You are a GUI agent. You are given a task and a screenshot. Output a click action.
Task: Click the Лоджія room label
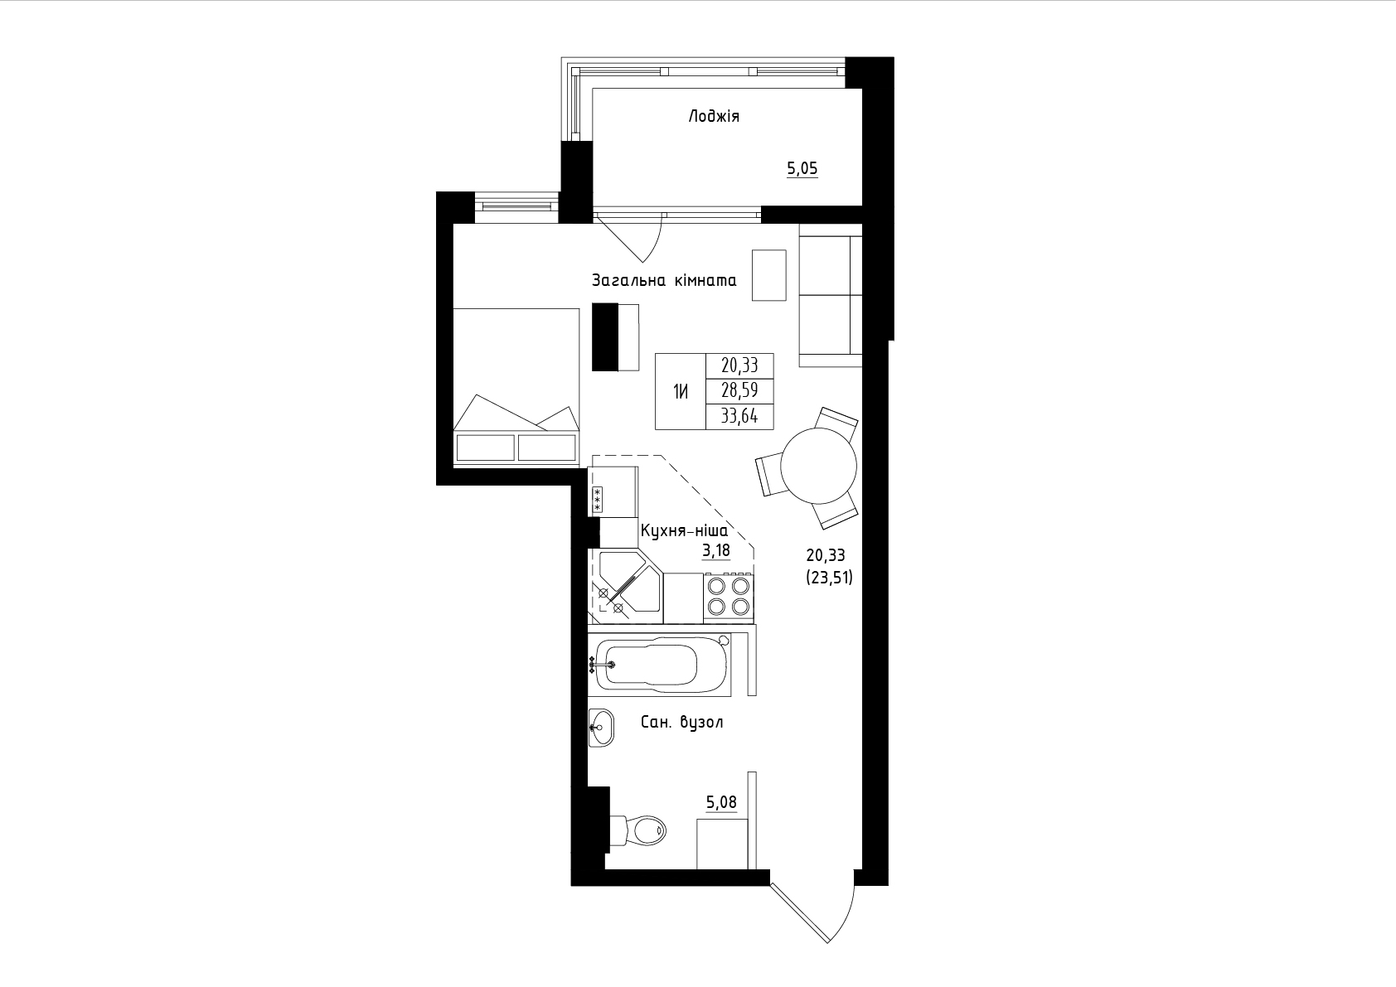[714, 117]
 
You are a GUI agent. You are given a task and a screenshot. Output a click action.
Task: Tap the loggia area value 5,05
[802, 168]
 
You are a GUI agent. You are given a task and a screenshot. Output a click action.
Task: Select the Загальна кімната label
[664, 280]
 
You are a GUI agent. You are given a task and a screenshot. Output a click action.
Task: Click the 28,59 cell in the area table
[739, 390]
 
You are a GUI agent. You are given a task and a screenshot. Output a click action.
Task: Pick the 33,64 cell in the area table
[739, 416]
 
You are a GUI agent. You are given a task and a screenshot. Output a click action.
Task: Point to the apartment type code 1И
[681, 392]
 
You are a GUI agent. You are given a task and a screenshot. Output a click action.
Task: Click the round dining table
[819, 466]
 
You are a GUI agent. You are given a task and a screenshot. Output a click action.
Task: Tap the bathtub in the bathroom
[659, 665]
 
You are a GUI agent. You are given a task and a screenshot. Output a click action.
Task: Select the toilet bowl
[639, 830]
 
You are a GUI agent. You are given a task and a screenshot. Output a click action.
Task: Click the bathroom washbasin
[601, 727]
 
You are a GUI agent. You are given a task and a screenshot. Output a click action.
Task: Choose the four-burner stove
[729, 598]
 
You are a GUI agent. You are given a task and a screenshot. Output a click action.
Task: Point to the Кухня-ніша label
[684, 531]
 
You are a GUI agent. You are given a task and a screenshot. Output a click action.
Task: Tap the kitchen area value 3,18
[716, 551]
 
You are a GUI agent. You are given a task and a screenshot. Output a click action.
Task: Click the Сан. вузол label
[681, 722]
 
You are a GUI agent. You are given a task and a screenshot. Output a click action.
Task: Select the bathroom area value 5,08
[722, 802]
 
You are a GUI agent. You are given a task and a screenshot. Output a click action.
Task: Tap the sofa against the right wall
[831, 295]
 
